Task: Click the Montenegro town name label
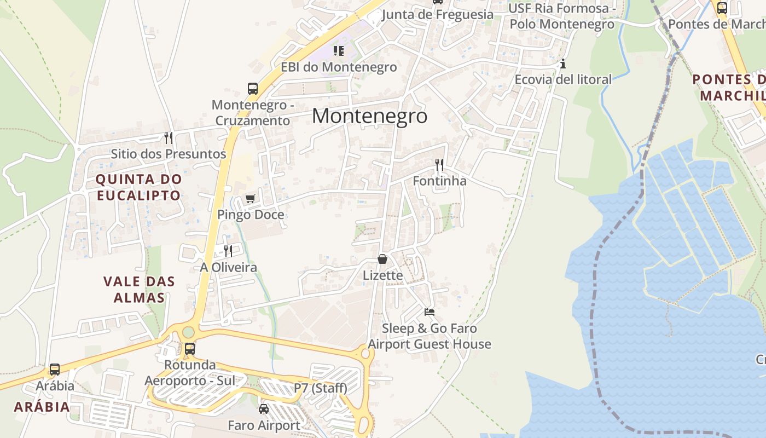click(369, 116)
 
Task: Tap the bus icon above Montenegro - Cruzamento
click(252, 88)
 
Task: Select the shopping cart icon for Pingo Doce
click(250, 198)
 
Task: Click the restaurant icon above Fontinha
click(439, 164)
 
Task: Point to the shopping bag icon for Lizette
click(382, 259)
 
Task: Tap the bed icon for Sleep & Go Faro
click(430, 312)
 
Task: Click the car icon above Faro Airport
click(264, 409)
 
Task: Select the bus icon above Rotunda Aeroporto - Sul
click(189, 348)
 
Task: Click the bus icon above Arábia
click(55, 370)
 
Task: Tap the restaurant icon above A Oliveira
click(228, 251)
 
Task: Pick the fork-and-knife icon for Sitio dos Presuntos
click(169, 137)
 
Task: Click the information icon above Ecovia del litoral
click(562, 64)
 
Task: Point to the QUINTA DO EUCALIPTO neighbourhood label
click(138, 187)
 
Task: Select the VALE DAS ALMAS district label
click(139, 290)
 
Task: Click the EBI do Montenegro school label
click(339, 67)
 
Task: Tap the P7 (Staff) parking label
click(320, 388)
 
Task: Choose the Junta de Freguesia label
click(437, 15)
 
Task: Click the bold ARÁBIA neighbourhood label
click(42, 407)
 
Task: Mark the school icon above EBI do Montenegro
click(339, 51)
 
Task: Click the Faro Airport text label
click(264, 425)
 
